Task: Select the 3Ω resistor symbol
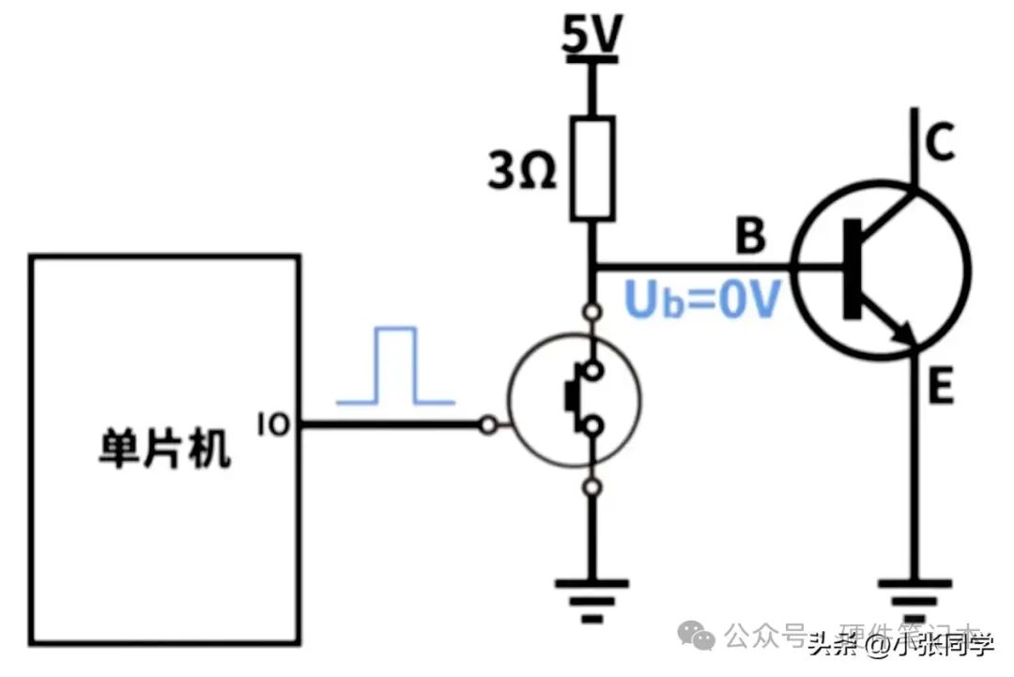[592, 168]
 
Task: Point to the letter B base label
[749, 238]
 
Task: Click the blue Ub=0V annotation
[703, 300]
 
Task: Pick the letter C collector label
[938, 144]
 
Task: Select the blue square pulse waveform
[395, 365]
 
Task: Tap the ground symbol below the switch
[591, 597]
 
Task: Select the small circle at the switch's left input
[487, 426]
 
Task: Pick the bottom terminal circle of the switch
[592, 486]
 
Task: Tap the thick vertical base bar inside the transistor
[852, 269]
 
